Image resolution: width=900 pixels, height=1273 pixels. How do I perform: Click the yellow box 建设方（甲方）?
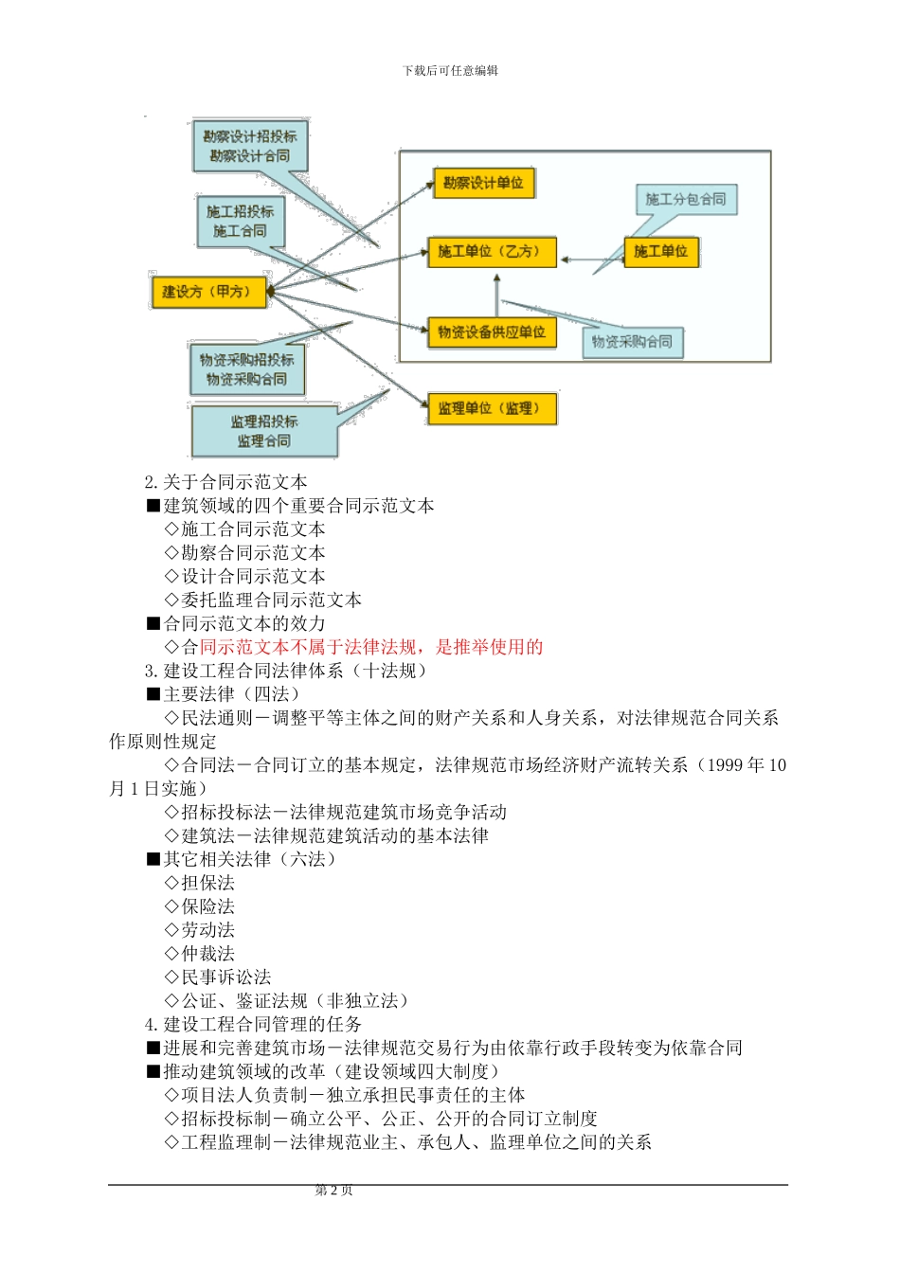tap(207, 292)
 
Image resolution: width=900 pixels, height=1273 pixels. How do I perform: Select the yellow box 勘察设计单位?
tap(483, 183)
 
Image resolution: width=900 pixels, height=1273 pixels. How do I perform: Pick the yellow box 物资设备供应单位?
tap(492, 332)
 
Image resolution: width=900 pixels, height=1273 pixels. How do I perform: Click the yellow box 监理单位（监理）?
tap(490, 409)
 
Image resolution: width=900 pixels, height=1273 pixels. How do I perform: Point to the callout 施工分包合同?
tap(685, 200)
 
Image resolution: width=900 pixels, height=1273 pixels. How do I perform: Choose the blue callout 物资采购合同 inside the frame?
tap(632, 342)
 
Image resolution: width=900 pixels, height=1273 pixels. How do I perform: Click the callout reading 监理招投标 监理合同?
tap(264, 431)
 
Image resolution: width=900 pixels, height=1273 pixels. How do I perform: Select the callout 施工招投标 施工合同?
tap(240, 222)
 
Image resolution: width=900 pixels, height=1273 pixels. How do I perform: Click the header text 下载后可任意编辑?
tap(450, 71)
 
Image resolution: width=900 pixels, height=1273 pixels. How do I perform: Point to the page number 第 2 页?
tap(333, 1191)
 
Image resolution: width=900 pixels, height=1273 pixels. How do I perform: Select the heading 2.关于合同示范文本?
tap(226, 482)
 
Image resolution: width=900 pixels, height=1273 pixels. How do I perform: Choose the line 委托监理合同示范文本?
tap(271, 600)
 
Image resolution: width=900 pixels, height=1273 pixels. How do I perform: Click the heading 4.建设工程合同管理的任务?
tap(253, 1024)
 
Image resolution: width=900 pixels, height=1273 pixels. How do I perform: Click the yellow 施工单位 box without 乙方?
tap(660, 252)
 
